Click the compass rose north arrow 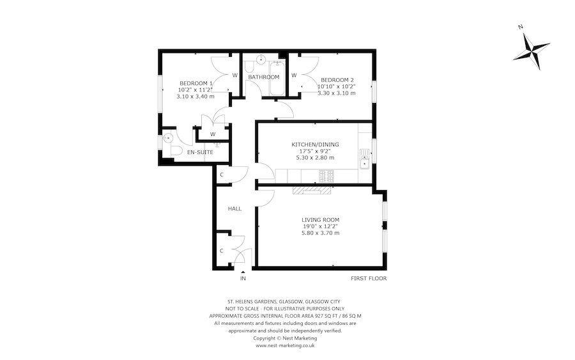pos(533,49)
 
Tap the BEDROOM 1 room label pos(197,83)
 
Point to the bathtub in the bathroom pos(276,77)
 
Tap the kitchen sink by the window pos(365,157)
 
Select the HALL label pos(234,209)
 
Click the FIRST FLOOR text pos(369,279)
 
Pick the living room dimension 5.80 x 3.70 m pos(321,233)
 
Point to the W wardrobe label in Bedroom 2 pos(295,75)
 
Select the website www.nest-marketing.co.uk pos(284,345)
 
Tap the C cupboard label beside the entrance pos(222,251)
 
